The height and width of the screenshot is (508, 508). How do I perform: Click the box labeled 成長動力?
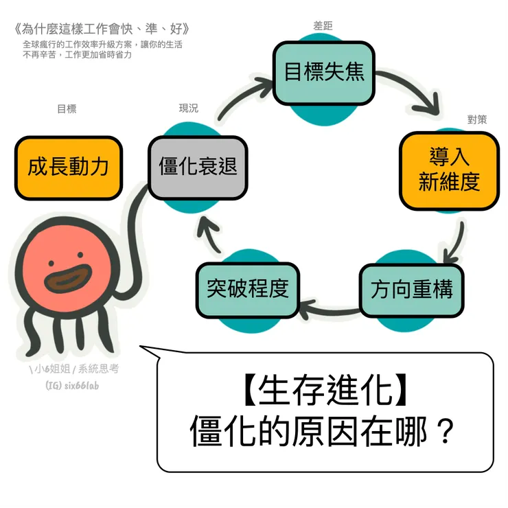click(68, 168)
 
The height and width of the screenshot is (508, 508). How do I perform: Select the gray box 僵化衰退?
click(198, 168)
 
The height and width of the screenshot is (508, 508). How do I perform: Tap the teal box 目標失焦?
click(323, 73)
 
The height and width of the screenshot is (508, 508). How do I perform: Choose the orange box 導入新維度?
click(449, 170)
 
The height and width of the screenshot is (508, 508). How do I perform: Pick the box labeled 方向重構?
click(411, 290)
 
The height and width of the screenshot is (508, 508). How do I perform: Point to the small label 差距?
click(323, 25)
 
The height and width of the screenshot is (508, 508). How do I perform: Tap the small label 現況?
click(188, 108)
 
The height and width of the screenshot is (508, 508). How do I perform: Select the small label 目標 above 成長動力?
click(67, 108)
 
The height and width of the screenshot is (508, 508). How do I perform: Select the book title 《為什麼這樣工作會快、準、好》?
click(101, 30)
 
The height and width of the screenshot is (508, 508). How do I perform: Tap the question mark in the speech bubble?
click(445, 432)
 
